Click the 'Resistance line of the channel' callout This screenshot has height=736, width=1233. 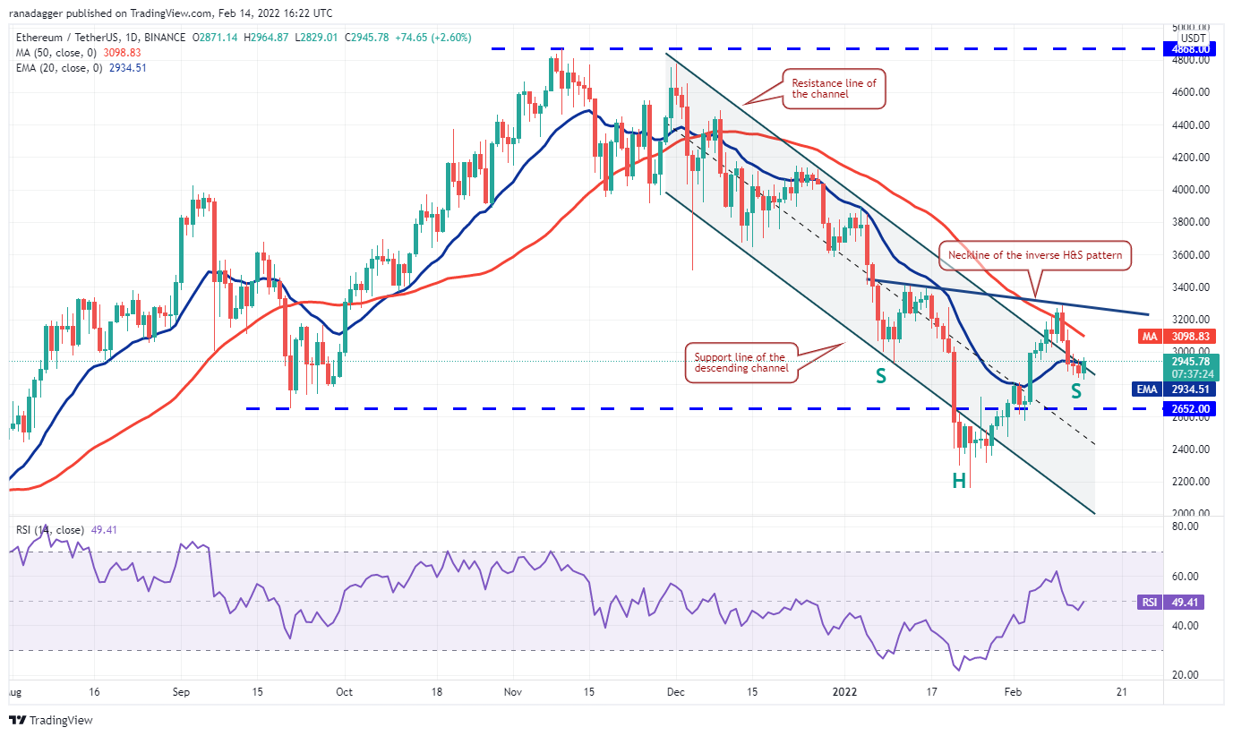[834, 89]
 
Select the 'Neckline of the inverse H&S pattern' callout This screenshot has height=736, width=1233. [1035, 255]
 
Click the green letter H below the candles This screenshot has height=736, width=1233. [959, 481]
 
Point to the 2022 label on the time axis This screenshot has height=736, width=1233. [844, 692]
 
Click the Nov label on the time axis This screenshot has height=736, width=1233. [514, 692]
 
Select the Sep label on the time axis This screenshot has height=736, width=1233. [181, 692]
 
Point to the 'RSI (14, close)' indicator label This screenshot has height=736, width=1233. [50, 530]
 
